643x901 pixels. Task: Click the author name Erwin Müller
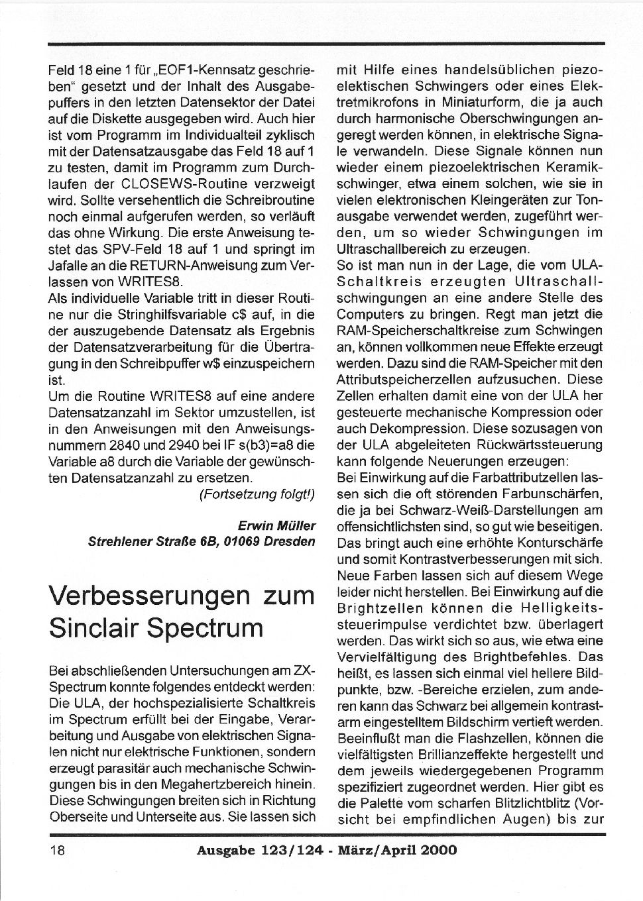pyautogui.click(x=276, y=525)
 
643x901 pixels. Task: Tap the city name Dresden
pyautogui.click(x=290, y=541)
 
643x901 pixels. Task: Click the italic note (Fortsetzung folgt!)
pyautogui.click(x=257, y=494)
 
